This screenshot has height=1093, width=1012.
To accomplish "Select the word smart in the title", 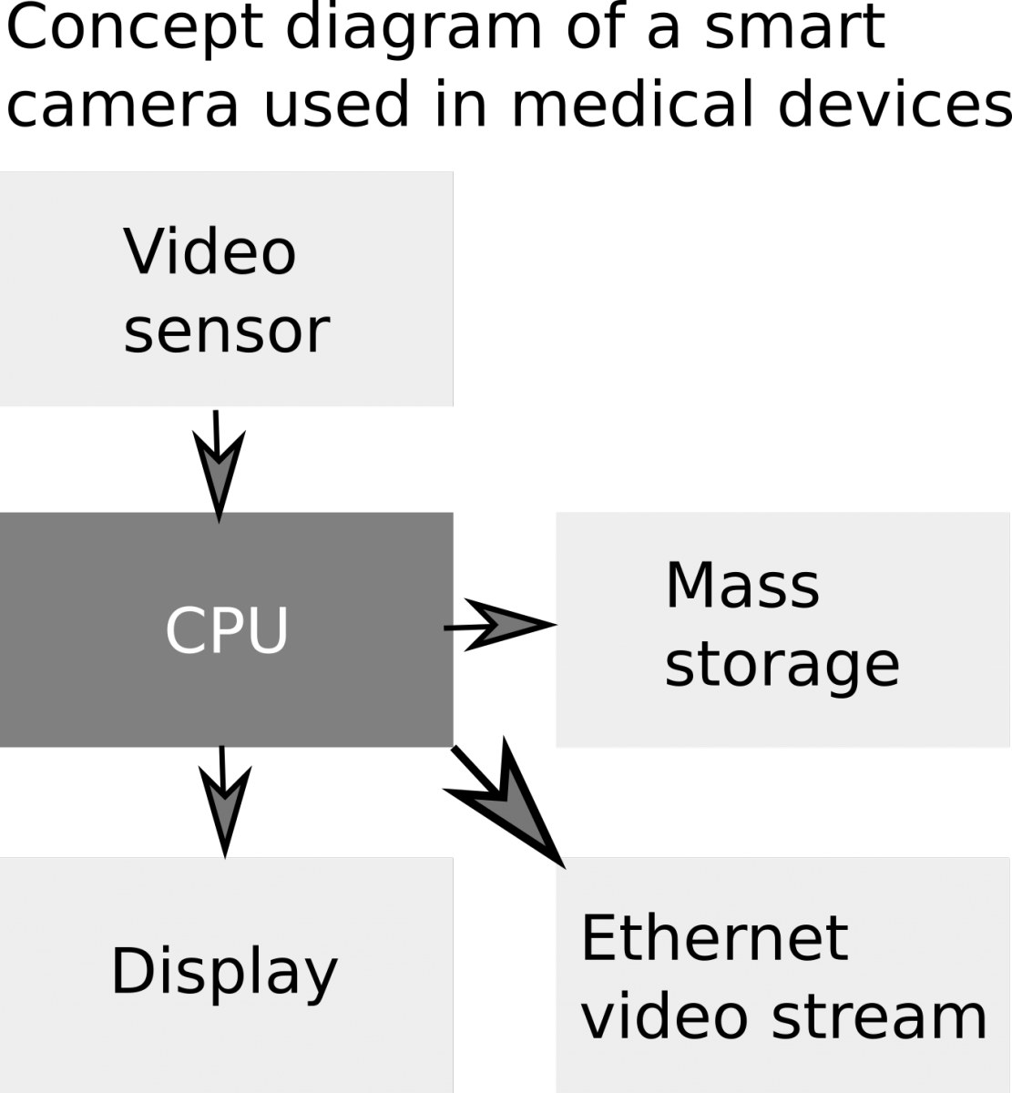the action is tap(794, 28).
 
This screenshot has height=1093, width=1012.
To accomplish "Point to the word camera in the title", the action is tap(122, 105).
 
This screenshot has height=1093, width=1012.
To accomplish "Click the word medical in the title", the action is tap(633, 103).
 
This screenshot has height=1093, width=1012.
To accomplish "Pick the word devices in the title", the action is tap(894, 103).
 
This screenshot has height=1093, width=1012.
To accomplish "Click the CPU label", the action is tap(226, 630).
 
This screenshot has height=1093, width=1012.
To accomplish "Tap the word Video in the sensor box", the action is tap(210, 251).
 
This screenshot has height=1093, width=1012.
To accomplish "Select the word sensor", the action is tap(226, 332).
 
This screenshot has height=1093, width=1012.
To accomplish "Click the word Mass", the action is tap(742, 586).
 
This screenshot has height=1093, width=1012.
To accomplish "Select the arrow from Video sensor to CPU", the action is tap(218, 465).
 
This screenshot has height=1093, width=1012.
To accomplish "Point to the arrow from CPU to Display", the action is tap(223, 802).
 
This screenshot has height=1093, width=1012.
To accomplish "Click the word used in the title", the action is tap(337, 103).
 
